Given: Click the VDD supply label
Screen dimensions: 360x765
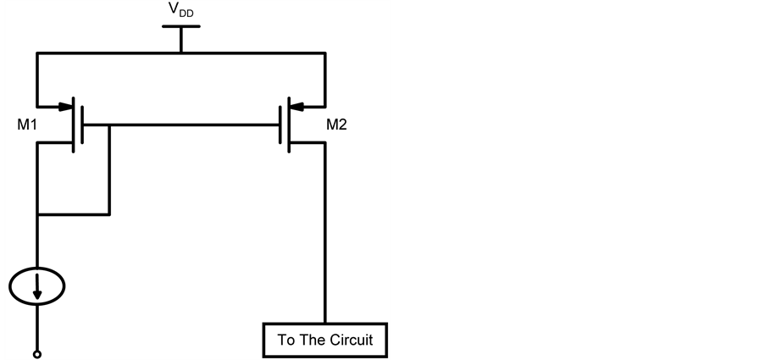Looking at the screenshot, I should click(180, 13).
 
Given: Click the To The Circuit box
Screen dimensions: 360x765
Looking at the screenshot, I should click(324, 341).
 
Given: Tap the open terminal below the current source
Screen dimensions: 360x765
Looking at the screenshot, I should click(37, 352).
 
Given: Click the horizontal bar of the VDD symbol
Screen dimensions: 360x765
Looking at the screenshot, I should click(180, 27).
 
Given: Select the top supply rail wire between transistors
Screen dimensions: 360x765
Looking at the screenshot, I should click(180, 53).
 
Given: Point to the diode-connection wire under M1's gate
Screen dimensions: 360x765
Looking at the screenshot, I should click(74, 213).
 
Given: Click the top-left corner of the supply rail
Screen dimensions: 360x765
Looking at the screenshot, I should click(37, 53).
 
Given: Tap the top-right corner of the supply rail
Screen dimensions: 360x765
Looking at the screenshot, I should click(325, 53).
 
